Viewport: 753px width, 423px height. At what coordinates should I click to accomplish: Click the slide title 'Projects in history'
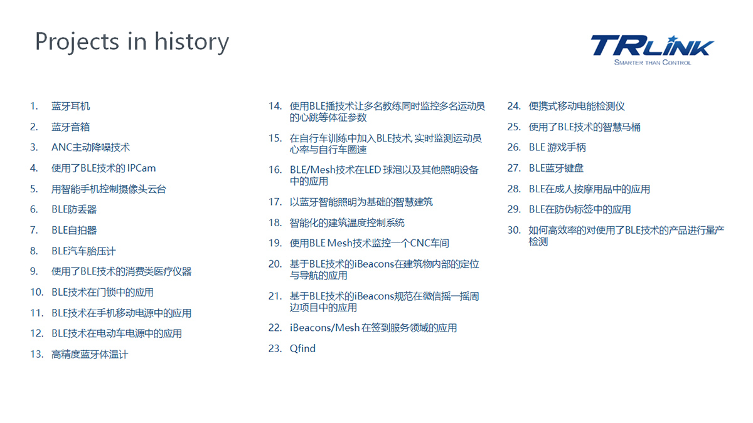[x=132, y=43]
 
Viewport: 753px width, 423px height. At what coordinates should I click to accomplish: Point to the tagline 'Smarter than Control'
[x=653, y=63]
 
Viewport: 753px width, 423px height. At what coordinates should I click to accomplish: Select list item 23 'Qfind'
[x=302, y=348]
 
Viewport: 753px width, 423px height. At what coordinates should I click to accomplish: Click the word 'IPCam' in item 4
[x=142, y=168]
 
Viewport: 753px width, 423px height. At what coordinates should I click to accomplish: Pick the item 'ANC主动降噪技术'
[x=90, y=147]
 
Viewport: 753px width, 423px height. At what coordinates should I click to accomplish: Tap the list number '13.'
[x=36, y=354]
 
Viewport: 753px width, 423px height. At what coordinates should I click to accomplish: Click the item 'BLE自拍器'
[x=74, y=230]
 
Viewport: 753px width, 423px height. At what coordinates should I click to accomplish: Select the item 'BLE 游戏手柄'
[x=557, y=147]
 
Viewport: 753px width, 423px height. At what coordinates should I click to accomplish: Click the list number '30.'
[x=514, y=231]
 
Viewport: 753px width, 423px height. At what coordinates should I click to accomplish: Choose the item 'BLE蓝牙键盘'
[x=556, y=168]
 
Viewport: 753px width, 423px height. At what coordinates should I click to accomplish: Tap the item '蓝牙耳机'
[x=70, y=106]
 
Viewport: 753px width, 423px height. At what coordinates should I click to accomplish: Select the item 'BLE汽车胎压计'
[x=83, y=251]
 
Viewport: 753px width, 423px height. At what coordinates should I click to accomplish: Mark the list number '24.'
[x=514, y=106]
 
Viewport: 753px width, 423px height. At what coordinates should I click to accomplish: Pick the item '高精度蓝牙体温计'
[x=89, y=354]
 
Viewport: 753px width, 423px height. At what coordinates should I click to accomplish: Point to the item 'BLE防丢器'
[x=74, y=209]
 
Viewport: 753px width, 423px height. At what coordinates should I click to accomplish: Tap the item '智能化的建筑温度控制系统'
[x=347, y=222]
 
